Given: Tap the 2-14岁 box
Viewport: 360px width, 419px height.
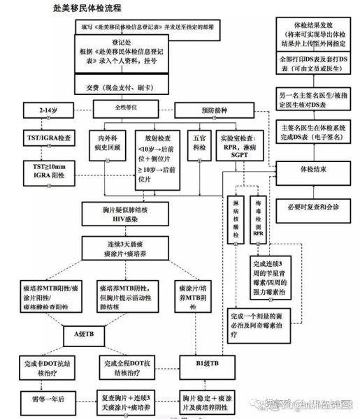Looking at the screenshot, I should pyautogui.click(x=39, y=110).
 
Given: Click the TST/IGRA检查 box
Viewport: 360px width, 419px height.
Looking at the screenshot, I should pyautogui.click(x=41, y=138).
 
